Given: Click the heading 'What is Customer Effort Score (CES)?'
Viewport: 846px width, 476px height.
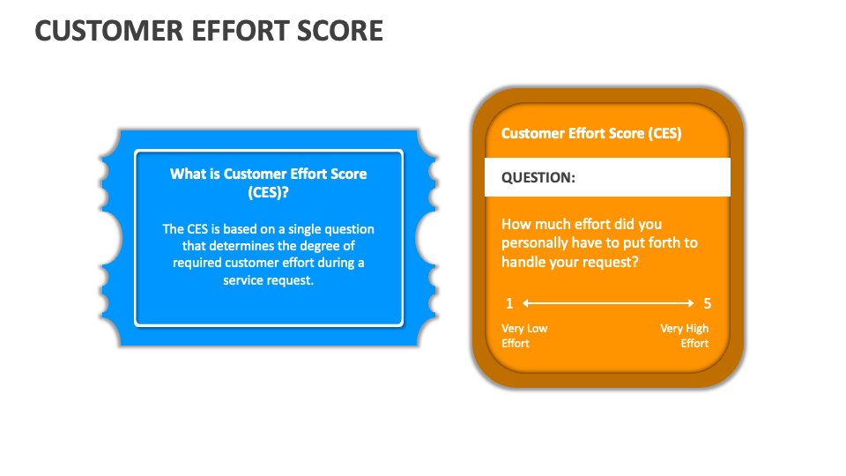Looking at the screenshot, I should [x=269, y=182].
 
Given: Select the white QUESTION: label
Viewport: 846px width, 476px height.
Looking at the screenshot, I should [x=538, y=178].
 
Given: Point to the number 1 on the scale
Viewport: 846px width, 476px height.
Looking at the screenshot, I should [x=508, y=304].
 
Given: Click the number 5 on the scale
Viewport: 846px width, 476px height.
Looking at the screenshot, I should [x=707, y=304].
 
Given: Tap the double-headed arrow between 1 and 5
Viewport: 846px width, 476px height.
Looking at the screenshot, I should [x=608, y=304].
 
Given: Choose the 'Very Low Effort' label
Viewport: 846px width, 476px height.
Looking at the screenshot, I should [x=524, y=336].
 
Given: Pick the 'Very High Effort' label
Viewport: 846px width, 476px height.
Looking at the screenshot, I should [x=685, y=336].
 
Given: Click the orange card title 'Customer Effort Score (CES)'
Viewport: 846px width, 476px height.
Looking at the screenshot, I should [x=591, y=133].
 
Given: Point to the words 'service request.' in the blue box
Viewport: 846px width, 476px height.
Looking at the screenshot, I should [x=269, y=280].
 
